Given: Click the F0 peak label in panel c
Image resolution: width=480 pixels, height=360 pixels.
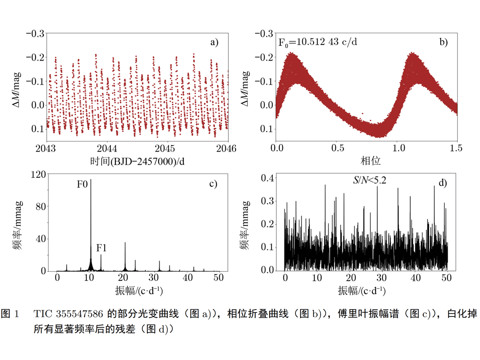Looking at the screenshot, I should [82, 185].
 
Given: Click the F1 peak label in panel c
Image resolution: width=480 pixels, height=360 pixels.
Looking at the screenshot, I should [101, 248].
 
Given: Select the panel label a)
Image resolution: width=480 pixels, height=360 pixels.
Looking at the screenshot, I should [215, 42].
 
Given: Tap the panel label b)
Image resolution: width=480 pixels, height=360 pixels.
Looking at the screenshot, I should [444, 42].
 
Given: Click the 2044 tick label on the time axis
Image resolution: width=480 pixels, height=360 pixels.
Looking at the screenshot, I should [108, 149].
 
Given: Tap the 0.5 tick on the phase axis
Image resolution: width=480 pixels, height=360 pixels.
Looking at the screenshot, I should [338, 149].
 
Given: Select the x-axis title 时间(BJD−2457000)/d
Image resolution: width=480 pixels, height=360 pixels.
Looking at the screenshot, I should [137, 161].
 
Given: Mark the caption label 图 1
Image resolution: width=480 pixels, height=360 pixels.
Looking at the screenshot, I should [11, 314].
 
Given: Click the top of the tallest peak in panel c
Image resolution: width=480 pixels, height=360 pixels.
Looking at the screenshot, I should [91, 180].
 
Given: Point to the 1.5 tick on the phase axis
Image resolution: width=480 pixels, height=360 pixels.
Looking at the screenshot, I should [457, 149].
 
